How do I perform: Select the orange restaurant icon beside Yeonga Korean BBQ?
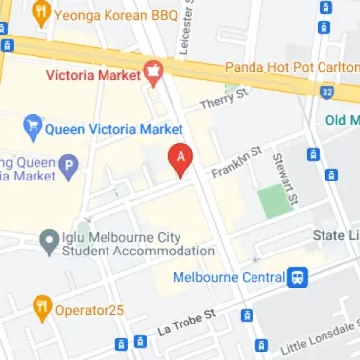(40, 14)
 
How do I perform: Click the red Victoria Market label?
(94, 72)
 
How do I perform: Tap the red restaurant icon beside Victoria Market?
(153, 72)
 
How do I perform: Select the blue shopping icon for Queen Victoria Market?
(32, 128)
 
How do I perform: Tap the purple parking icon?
(68, 167)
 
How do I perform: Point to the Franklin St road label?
(239, 161)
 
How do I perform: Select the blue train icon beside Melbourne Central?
(296, 277)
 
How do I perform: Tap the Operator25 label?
(91, 308)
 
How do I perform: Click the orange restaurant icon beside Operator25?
(40, 308)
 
